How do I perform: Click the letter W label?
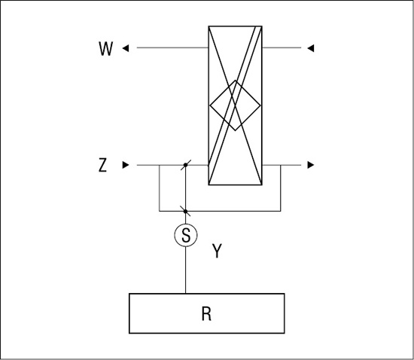click(x=106, y=49)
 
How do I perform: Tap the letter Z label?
click(x=102, y=165)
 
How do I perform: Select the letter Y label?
click(x=217, y=251)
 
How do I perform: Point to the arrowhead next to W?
click(x=126, y=48)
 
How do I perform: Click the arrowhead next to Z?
click(x=126, y=165)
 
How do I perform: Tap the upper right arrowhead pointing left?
click(x=311, y=48)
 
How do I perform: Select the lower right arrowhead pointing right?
click(x=311, y=165)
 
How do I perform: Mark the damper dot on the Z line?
click(x=186, y=165)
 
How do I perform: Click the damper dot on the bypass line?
click(x=186, y=212)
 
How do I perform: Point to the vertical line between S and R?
click(x=186, y=270)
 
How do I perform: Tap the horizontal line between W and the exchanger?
click(x=172, y=47)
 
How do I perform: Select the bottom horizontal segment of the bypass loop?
click(x=220, y=212)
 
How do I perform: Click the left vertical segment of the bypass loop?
click(x=160, y=188)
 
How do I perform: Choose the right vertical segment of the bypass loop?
click(x=281, y=188)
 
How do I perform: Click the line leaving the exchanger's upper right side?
click(x=282, y=47)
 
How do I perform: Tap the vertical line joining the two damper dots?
click(x=186, y=188)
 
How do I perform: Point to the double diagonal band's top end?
click(x=258, y=26)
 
